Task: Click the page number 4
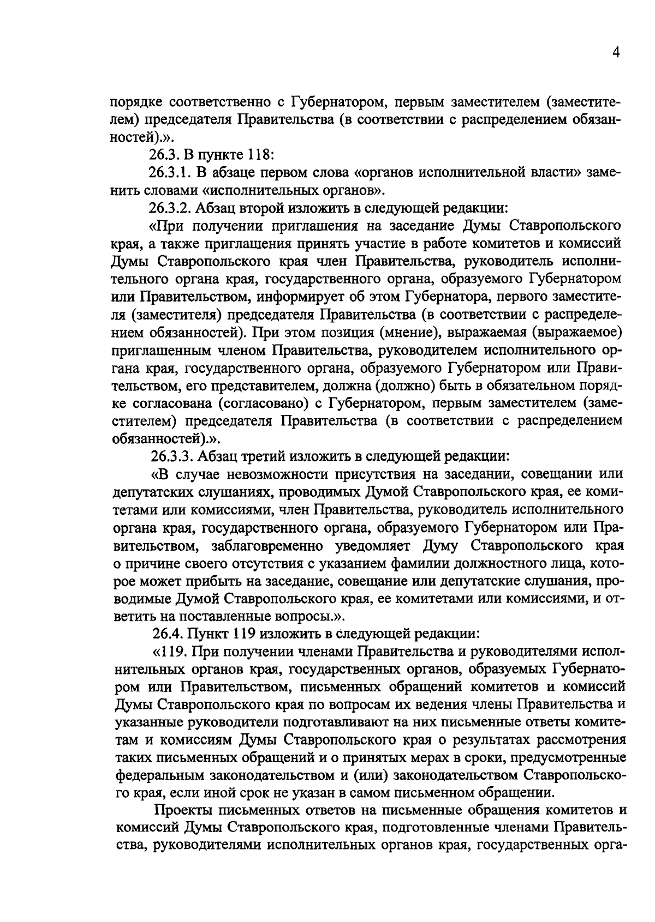(x=615, y=53)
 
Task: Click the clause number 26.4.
(x=166, y=633)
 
